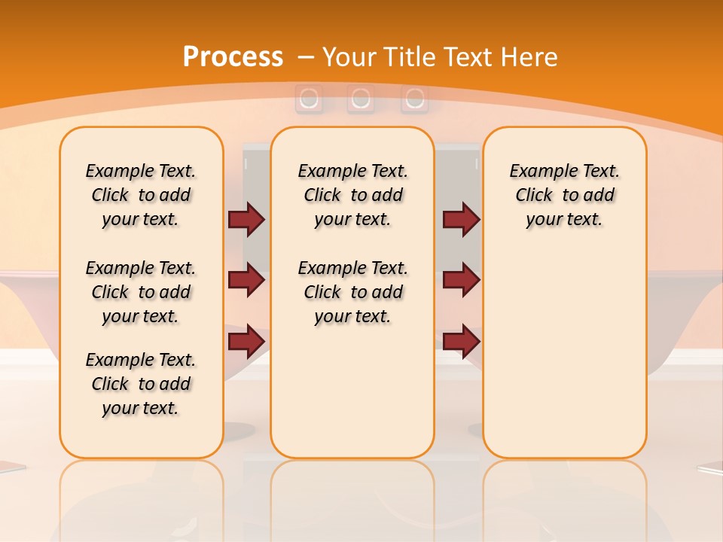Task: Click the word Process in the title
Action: pos(233,57)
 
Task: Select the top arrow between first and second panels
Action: pos(246,219)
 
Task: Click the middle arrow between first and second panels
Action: pos(246,280)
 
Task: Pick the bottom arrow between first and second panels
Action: pos(246,341)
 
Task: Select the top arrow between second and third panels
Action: pos(461,219)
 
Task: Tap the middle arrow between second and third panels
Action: pos(461,280)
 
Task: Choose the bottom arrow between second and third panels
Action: pos(461,341)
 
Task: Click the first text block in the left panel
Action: pos(141,195)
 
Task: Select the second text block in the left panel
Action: pos(141,292)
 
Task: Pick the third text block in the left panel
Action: pos(141,384)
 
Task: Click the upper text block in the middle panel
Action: pos(352,195)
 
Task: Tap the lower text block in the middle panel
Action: pos(352,292)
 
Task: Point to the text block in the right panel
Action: pos(564,195)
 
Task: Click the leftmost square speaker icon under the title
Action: pos(309,99)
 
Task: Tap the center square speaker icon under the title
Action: pos(361,99)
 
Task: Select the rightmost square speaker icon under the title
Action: pos(413,99)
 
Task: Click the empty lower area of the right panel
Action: pos(564,354)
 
